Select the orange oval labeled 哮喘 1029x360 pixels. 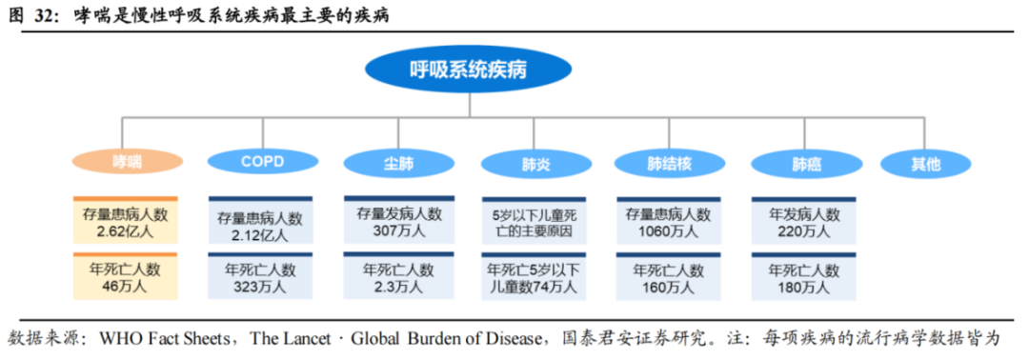coord(127,162)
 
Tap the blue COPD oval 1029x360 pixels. coord(263,162)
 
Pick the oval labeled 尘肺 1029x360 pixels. coord(398,163)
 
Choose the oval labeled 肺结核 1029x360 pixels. coord(669,163)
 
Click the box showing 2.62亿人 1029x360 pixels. coord(126,220)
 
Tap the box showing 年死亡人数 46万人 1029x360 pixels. coord(126,276)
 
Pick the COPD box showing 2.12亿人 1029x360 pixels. coord(260,221)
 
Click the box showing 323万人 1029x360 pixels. coord(260,276)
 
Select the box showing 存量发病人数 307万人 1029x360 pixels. coord(399,220)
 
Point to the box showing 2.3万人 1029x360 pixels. coord(399,276)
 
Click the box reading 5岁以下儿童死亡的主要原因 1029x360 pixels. coord(534,221)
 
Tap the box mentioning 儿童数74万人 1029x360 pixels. coord(534,276)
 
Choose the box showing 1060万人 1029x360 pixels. coord(668,221)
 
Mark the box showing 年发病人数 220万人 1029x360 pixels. coord(804,221)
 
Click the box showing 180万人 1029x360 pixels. coord(804,276)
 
